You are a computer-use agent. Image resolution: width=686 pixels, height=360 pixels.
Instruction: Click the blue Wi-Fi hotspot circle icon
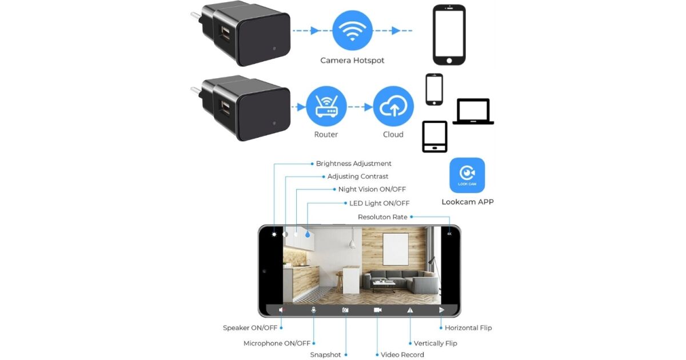coord(352,31)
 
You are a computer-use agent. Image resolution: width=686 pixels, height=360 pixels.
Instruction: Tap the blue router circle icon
coord(326,107)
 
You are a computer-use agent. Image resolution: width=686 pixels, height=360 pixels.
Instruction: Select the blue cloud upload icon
coord(393,107)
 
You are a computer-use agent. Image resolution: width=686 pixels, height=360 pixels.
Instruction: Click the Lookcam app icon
coord(467,175)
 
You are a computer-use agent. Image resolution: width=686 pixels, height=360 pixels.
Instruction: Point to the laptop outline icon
coord(473,111)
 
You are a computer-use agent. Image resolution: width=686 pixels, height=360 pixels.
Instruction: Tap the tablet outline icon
coord(434,137)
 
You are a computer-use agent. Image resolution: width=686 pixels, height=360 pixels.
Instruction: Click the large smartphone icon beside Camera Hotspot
coord(449,35)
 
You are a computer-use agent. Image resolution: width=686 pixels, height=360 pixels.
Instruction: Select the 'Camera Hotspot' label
coord(352,61)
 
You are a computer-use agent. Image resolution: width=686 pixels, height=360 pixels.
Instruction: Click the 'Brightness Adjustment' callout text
coord(353,164)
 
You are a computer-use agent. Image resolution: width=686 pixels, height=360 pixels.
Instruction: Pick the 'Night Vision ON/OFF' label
coord(372,190)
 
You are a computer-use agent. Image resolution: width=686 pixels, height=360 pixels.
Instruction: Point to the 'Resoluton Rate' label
coord(382,217)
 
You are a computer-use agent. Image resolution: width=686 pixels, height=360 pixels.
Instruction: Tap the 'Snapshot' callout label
coord(325,355)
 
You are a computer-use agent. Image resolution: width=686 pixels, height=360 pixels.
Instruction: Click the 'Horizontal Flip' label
coord(468,328)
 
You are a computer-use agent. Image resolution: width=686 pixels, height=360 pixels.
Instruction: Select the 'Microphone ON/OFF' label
coord(277,343)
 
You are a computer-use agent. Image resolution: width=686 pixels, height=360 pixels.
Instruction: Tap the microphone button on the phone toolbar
coord(313,310)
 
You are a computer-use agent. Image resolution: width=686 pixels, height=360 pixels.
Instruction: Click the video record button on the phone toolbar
coord(377,310)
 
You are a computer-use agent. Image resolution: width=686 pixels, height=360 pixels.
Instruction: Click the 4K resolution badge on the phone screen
coord(449,234)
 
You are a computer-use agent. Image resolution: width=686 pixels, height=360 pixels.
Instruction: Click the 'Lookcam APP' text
coord(467,202)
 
